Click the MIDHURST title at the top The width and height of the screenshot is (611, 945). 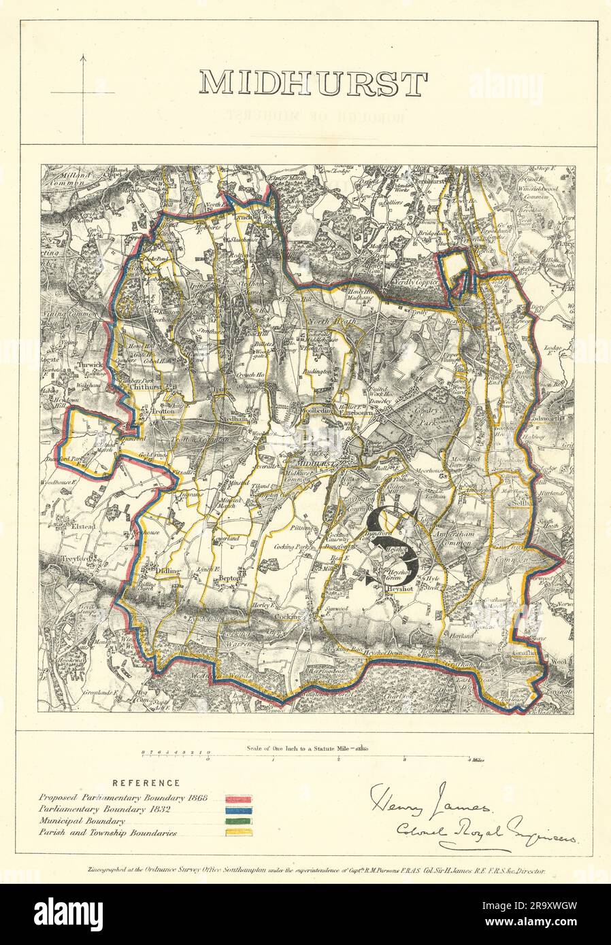pos(313,83)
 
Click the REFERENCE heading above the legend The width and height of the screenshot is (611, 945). pos(146,783)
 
